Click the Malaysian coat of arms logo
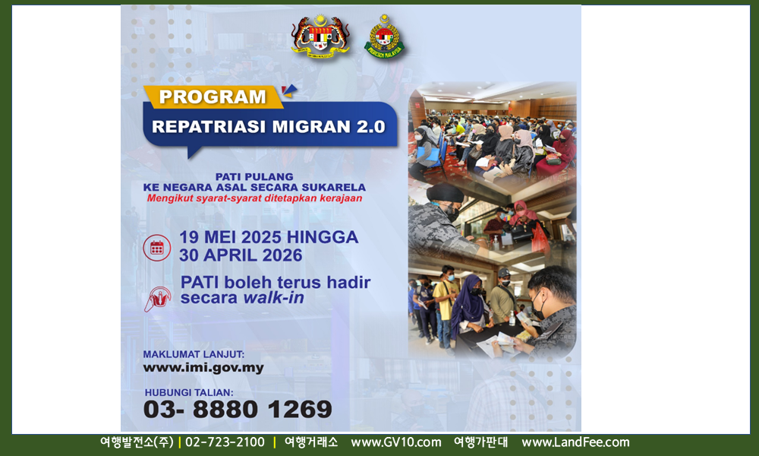[320, 36]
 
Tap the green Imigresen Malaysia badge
[384, 36]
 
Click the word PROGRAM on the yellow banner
[213, 97]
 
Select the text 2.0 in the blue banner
[371, 126]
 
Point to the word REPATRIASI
[209, 126]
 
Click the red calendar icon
[157, 248]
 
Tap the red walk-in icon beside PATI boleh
[158, 299]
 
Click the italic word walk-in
[273, 297]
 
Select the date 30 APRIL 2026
[241, 255]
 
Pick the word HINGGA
[323, 237]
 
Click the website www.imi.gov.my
[203, 368]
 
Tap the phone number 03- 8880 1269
[238, 409]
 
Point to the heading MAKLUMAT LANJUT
[194, 354]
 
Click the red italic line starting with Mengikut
[254, 198]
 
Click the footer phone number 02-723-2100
[225, 442]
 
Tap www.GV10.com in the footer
[396, 442]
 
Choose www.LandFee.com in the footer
[575, 442]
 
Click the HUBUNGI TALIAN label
[189, 392]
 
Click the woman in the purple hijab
[468, 303]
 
